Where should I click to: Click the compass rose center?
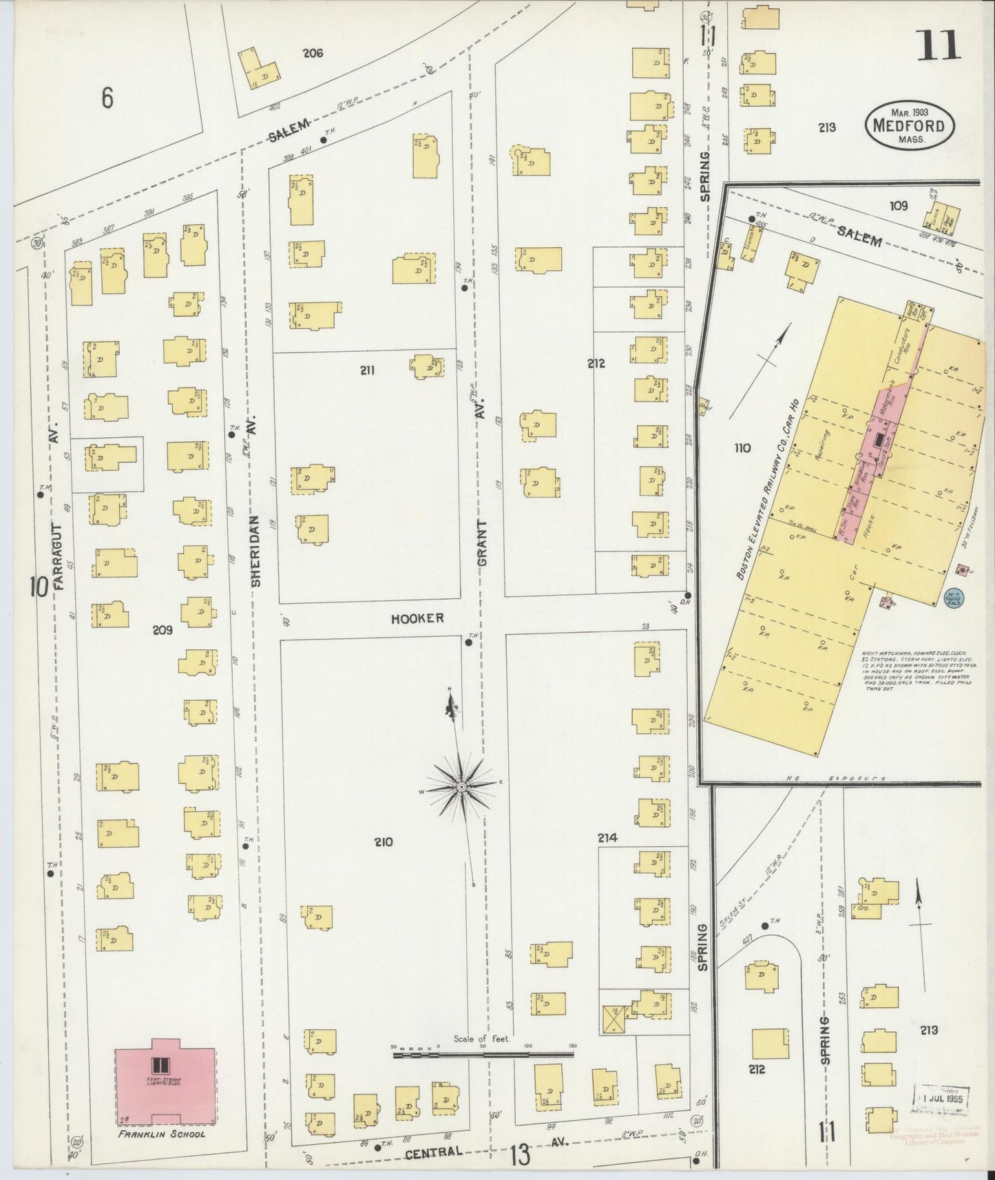click(461, 786)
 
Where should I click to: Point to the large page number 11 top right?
click(939, 46)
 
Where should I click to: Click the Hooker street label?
click(417, 618)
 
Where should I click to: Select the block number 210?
click(383, 841)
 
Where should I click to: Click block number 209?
click(163, 629)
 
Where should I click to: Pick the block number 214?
click(607, 838)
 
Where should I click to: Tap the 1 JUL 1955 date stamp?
click(942, 1099)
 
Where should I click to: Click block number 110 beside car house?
click(742, 448)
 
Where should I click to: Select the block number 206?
click(313, 53)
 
